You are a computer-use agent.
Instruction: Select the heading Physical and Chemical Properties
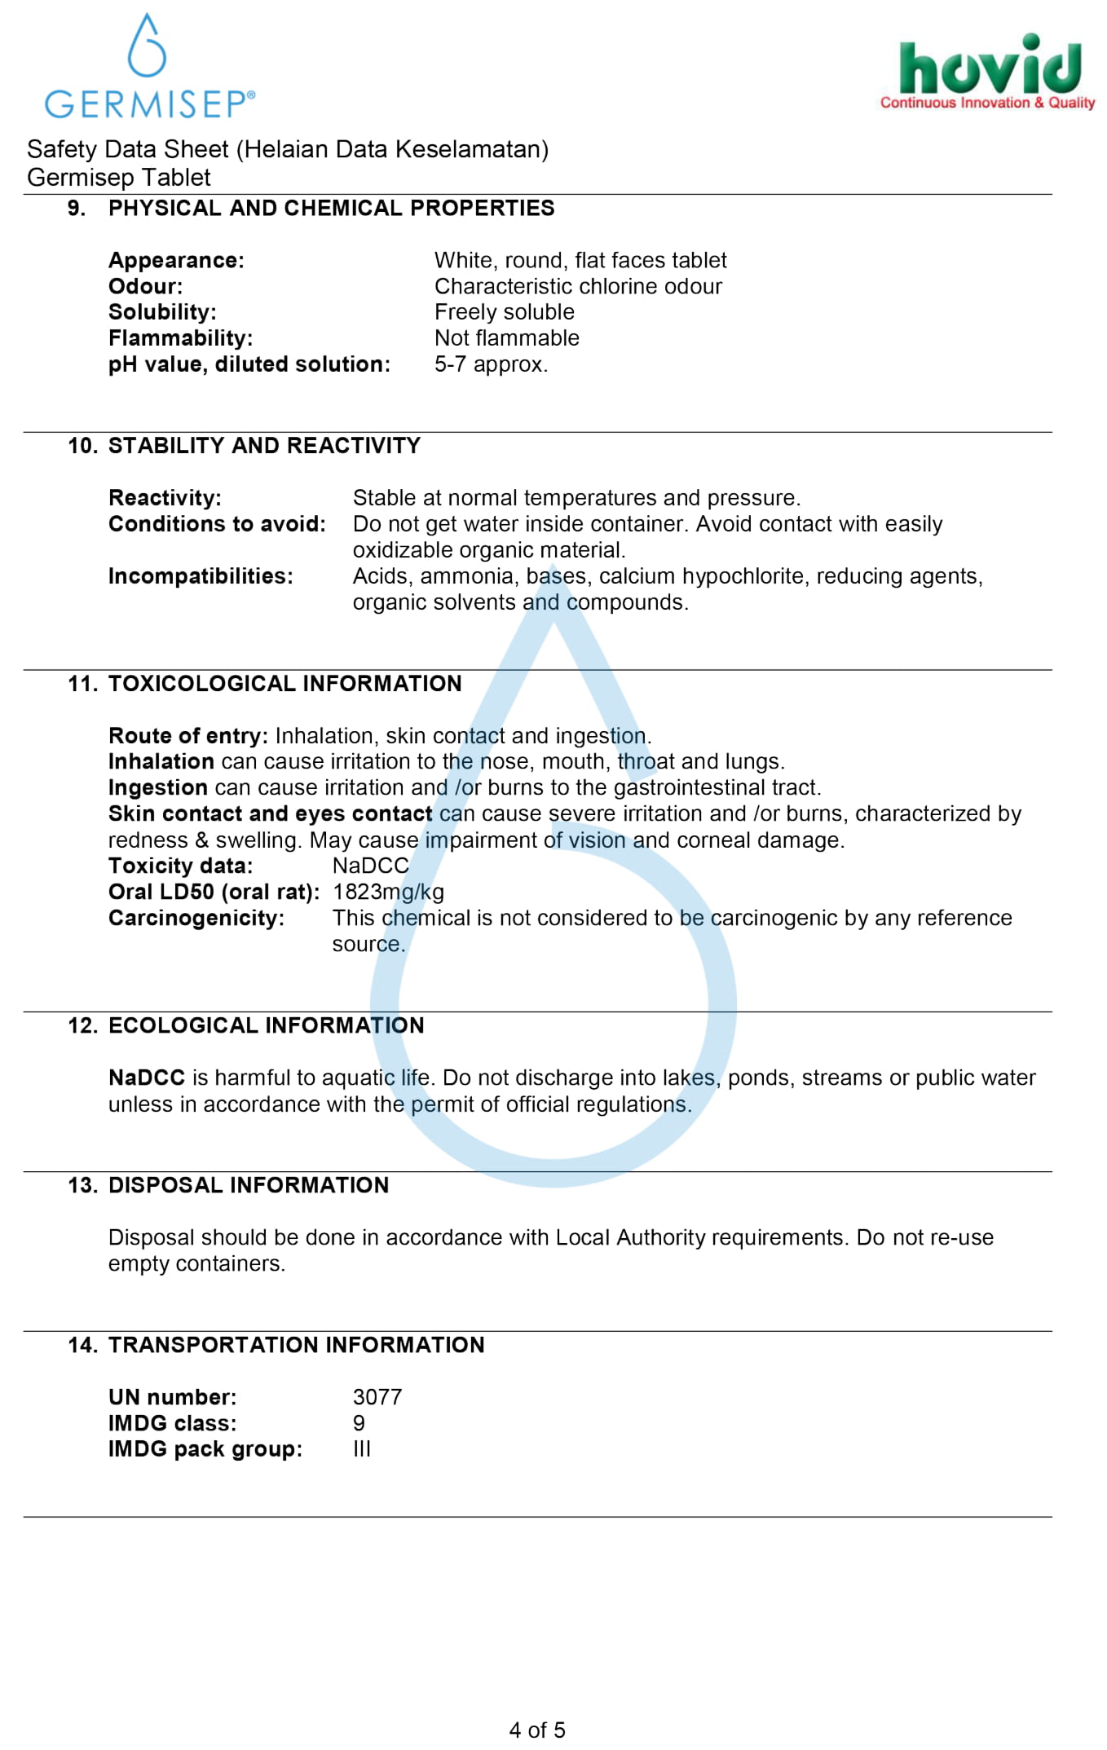331,209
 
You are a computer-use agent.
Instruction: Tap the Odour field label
146,287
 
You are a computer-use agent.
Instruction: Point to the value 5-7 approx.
491,364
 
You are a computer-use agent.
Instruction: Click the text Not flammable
506,338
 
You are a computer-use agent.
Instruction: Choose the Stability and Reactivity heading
264,446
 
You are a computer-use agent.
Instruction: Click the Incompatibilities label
201,576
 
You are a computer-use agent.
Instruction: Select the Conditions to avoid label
217,524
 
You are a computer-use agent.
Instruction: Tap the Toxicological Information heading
284,684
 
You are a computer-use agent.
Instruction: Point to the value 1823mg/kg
388,893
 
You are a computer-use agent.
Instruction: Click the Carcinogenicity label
196,919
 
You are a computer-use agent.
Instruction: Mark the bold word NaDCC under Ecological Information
147,1078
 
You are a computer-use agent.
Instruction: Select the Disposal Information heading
249,1186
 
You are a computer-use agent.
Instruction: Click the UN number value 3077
377,1398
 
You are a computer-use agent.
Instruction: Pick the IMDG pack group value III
362,1450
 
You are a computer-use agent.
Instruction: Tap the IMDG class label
173,1424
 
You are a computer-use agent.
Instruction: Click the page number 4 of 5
537,1730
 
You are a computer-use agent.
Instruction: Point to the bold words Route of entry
188,736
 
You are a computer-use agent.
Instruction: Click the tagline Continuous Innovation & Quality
987,103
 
